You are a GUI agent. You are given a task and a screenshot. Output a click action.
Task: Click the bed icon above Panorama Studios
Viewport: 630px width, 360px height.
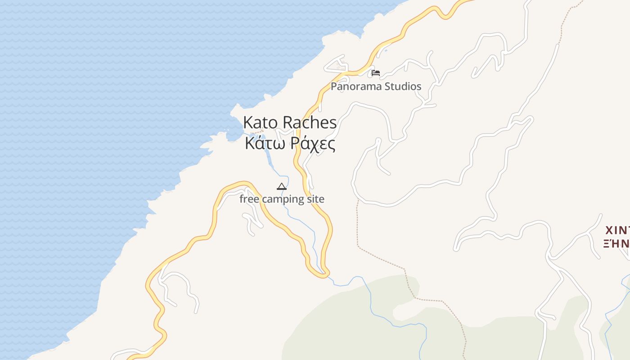(376, 72)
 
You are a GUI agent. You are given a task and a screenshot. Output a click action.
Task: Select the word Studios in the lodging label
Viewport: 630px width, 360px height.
(404, 86)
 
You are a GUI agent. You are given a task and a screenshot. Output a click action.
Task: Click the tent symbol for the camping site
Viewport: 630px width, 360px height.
(282, 186)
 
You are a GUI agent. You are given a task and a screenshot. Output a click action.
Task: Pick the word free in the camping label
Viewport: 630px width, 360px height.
(249, 199)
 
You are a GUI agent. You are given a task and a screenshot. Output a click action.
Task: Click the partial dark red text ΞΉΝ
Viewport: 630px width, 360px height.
(616, 244)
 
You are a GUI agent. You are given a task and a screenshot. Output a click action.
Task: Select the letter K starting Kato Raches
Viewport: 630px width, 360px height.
(248, 122)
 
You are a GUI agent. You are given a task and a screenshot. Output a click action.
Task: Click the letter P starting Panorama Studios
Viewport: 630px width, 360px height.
(334, 86)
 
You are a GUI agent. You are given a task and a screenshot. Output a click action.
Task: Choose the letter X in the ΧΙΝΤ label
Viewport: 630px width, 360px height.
(610, 231)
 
